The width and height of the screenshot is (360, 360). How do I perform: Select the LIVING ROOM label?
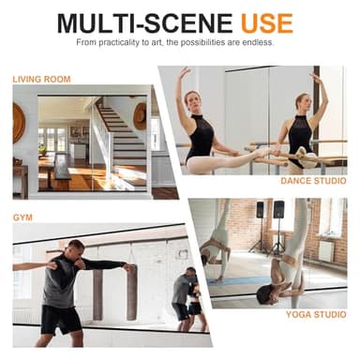point(41,80)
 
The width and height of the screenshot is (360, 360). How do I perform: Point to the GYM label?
point(22,217)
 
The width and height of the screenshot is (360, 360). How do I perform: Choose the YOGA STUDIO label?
point(315,314)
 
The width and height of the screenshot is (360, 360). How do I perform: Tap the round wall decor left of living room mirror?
point(19,122)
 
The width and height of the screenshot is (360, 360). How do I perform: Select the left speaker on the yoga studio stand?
point(260,210)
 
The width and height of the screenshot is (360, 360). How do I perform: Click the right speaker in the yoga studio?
point(278,209)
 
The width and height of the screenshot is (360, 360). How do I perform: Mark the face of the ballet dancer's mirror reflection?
point(302,101)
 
